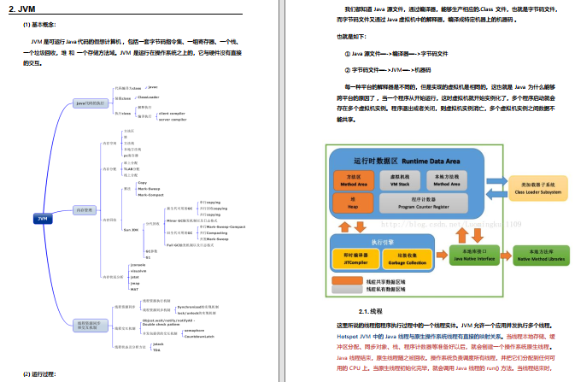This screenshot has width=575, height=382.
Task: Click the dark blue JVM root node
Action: pos(42,218)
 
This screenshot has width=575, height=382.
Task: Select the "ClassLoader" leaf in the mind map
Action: pos(148,97)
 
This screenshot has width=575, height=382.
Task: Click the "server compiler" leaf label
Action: pos(171,119)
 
